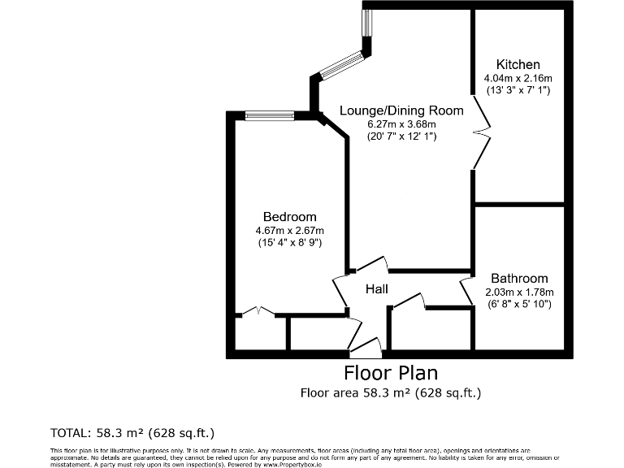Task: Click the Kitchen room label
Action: [x=518, y=64]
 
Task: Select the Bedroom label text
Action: [x=289, y=217]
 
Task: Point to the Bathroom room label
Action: [x=518, y=278]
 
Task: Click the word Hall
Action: [x=376, y=289]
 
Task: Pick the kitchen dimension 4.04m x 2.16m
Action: [x=518, y=78]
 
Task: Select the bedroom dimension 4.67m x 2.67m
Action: [x=289, y=230]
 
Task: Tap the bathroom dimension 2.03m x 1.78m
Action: [x=518, y=292]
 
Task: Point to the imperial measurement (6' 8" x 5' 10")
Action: [x=518, y=304]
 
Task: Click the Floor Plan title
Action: [x=391, y=373]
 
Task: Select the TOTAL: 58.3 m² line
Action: [x=132, y=433]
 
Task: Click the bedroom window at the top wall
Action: [x=270, y=115]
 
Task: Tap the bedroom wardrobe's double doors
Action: [x=256, y=310]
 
